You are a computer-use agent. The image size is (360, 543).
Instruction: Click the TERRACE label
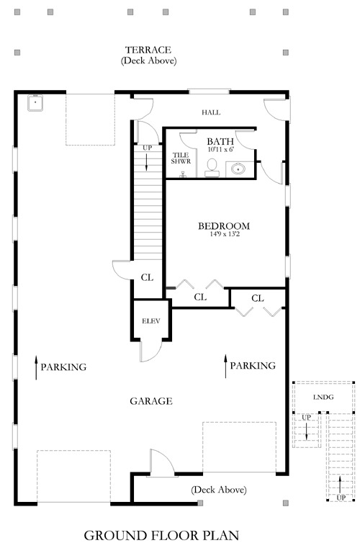pos(148,50)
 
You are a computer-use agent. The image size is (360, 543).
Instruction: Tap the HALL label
pos(211,112)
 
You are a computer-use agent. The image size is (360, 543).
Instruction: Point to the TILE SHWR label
pos(181,158)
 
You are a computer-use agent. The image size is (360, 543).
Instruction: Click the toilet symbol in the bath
pos(212,168)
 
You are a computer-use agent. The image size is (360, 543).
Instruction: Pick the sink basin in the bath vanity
pos(238,169)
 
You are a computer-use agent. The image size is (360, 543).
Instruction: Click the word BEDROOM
pos(224,226)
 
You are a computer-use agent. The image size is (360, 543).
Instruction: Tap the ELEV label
pos(150,321)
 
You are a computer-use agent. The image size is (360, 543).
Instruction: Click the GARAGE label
pos(150,401)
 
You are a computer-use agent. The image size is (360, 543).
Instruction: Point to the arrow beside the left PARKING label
pos(35,366)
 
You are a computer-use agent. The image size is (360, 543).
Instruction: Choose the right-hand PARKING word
pos(253,366)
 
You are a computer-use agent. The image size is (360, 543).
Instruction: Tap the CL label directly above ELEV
pos(147,277)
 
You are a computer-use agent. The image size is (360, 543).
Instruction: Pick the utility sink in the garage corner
pos(34,103)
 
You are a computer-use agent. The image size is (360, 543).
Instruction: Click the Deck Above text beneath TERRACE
pos(148,60)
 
